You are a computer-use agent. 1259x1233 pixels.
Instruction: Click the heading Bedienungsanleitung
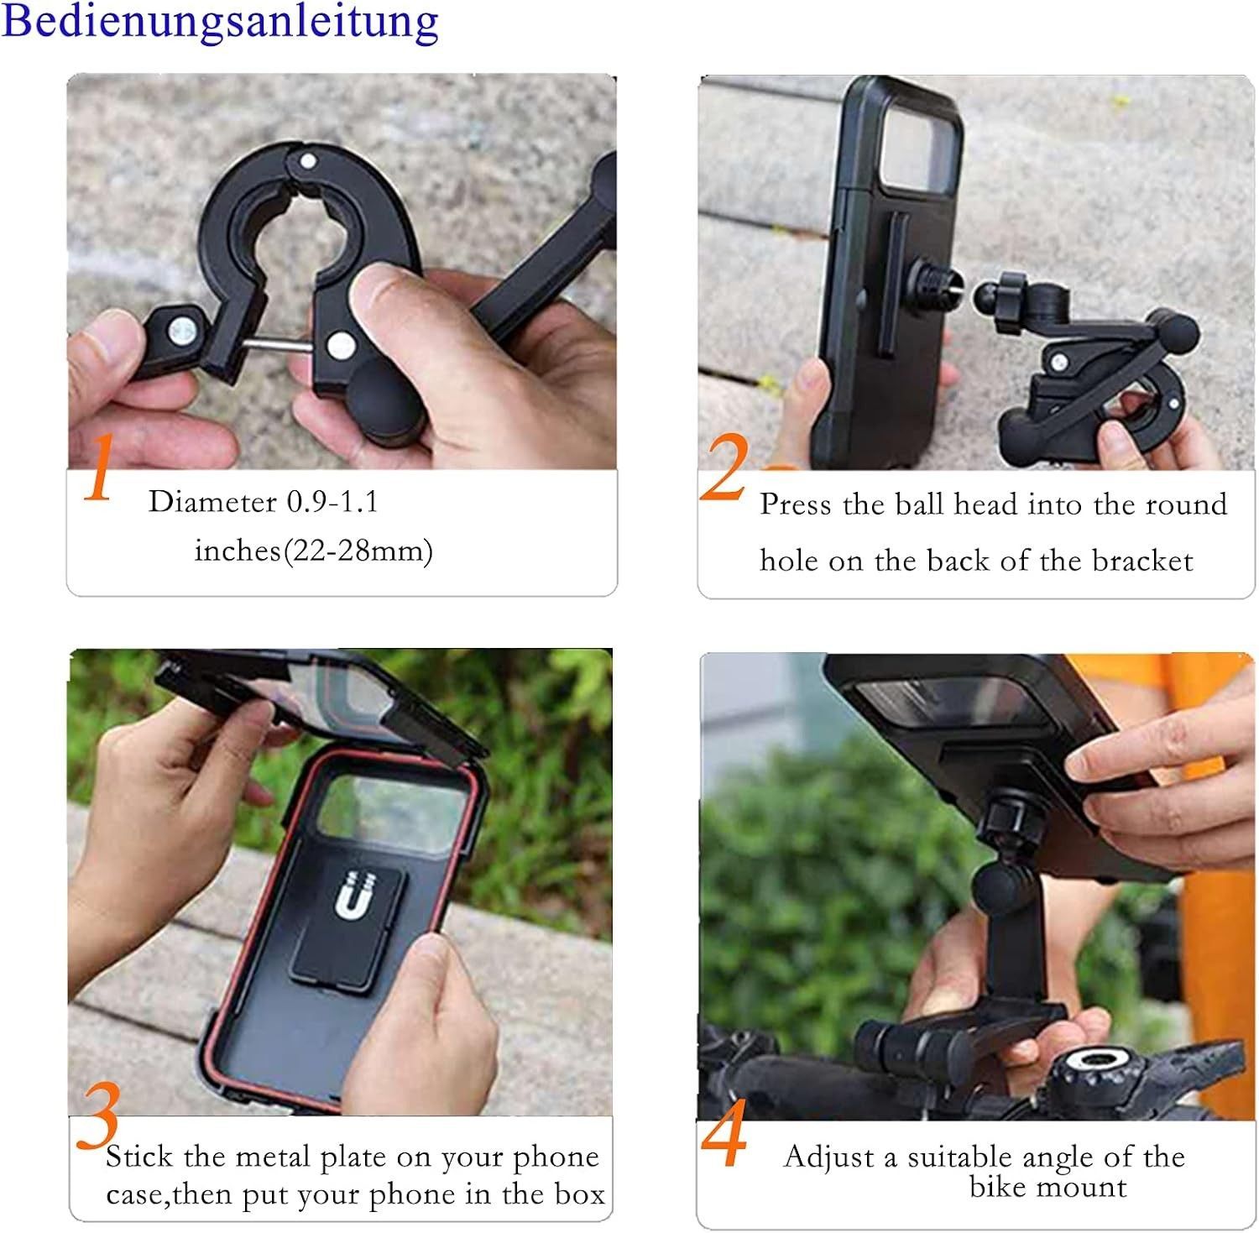[x=220, y=22]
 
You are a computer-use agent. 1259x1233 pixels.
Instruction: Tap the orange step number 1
[x=99, y=467]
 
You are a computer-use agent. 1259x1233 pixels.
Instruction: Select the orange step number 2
[x=724, y=468]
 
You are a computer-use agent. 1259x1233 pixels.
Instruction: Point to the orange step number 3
[x=98, y=1115]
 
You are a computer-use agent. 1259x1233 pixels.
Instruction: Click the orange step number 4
[x=724, y=1133]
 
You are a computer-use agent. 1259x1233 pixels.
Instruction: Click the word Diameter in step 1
[x=212, y=502]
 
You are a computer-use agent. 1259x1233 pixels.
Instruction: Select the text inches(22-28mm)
[x=314, y=551]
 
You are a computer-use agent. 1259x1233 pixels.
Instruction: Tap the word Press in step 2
[x=797, y=504]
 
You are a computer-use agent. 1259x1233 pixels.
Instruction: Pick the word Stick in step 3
[x=138, y=1157]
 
